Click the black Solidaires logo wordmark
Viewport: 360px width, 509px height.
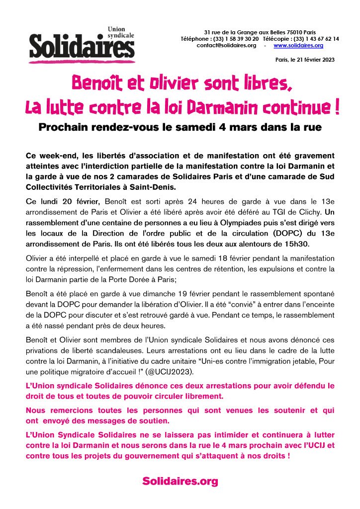click(x=82, y=48)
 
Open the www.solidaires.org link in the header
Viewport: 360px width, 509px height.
click(x=298, y=45)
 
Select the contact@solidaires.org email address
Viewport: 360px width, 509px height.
click(x=226, y=45)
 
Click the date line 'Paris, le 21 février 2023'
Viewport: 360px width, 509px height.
click(x=305, y=60)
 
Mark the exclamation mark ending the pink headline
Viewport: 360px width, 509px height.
click(x=337, y=107)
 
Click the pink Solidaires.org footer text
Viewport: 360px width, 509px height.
click(x=180, y=481)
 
